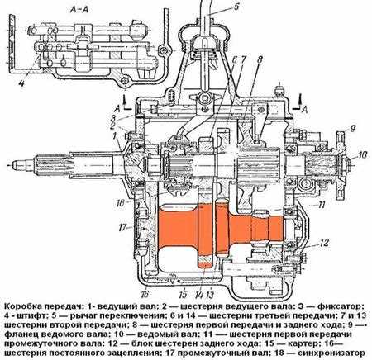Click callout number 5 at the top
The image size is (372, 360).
pyautogui.click(x=236, y=7)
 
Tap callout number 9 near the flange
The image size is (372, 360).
pyautogui.click(x=353, y=128)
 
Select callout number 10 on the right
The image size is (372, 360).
pyautogui.click(x=363, y=154)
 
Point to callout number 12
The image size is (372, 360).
pyautogui.click(x=324, y=243)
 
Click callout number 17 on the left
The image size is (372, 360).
pyautogui.click(x=122, y=227)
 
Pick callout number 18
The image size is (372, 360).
pyautogui.click(x=121, y=203)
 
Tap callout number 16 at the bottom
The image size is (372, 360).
pyautogui.click(x=145, y=294)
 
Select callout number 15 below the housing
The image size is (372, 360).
pyautogui.click(x=183, y=295)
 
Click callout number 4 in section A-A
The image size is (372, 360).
pyautogui.click(x=21, y=83)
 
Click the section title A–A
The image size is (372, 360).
pyautogui.click(x=79, y=10)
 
